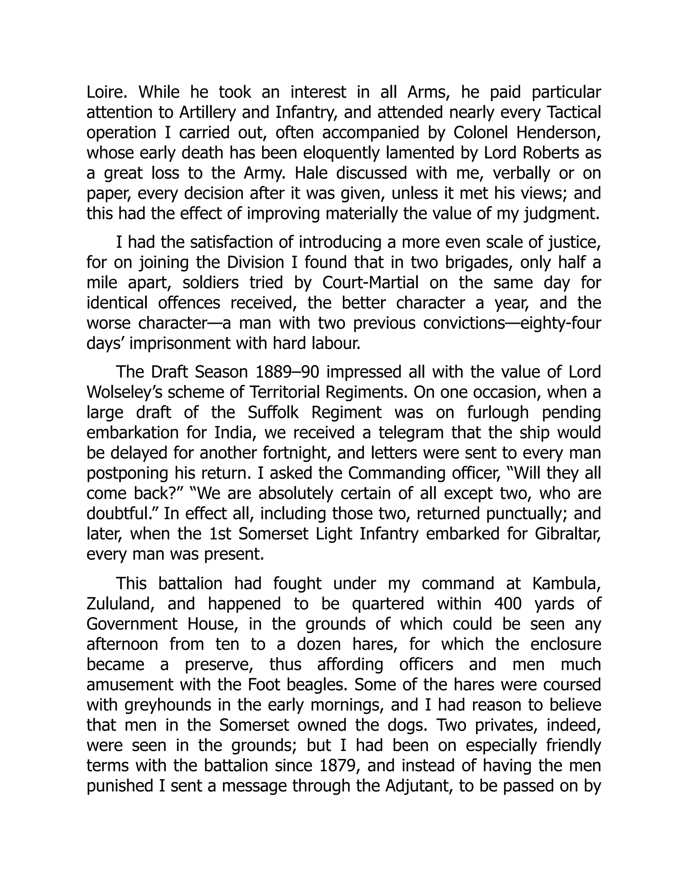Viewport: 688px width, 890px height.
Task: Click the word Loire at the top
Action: click(x=107, y=92)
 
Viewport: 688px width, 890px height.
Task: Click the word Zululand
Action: click(x=121, y=604)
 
